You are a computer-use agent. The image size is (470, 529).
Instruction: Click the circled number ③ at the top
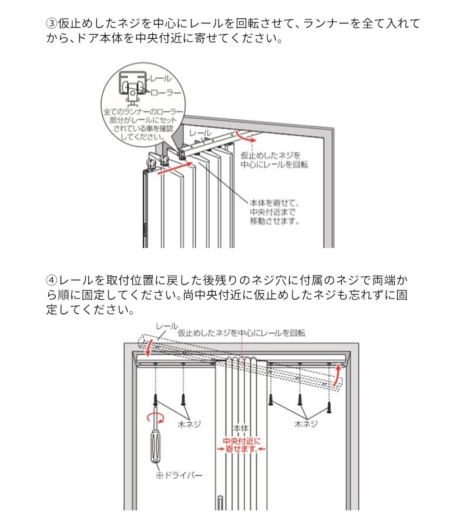[x=52, y=24]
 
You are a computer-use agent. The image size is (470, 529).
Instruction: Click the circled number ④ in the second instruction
[x=52, y=280]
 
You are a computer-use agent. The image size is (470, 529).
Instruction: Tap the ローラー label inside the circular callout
[x=166, y=93]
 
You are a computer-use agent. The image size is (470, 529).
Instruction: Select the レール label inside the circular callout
[x=160, y=79]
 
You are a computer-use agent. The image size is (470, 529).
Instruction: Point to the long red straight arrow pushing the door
[x=175, y=168]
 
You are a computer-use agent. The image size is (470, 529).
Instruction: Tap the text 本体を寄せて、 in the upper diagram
[x=274, y=203]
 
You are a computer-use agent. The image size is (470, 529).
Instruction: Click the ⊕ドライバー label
[x=180, y=476]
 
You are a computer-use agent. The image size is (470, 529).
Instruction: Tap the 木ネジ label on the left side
[x=189, y=424]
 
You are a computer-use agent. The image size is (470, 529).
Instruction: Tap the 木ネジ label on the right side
[x=306, y=424]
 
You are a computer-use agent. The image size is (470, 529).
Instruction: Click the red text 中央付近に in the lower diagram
[x=241, y=441]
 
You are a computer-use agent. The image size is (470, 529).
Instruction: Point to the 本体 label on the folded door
[x=241, y=428]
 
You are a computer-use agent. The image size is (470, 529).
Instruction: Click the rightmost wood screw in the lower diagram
[x=330, y=407]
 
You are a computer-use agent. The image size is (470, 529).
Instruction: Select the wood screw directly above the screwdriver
[x=156, y=400]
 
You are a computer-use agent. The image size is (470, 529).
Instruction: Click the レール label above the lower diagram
[x=167, y=326]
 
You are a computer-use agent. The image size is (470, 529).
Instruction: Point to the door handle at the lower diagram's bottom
[x=220, y=503]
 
